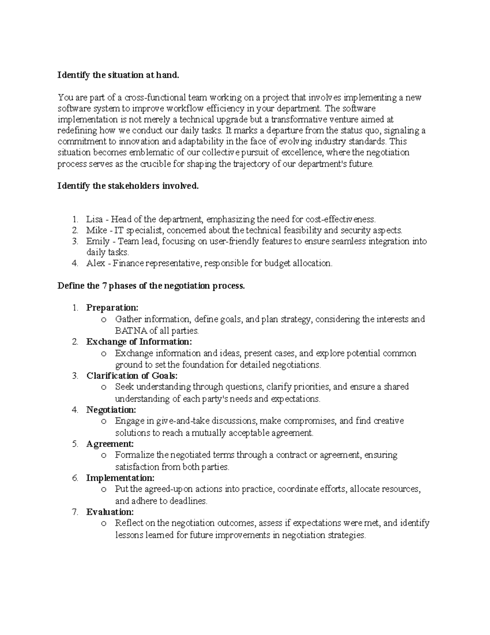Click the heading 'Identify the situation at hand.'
(x=118, y=75)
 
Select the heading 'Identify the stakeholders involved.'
(x=128, y=186)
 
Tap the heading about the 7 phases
(x=151, y=286)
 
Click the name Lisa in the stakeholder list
(x=94, y=219)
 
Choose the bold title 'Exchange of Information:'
(x=139, y=341)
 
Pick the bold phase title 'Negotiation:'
(x=111, y=410)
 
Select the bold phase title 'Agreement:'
(x=110, y=444)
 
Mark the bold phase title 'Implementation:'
(x=120, y=478)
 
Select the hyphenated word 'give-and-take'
(x=183, y=421)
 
